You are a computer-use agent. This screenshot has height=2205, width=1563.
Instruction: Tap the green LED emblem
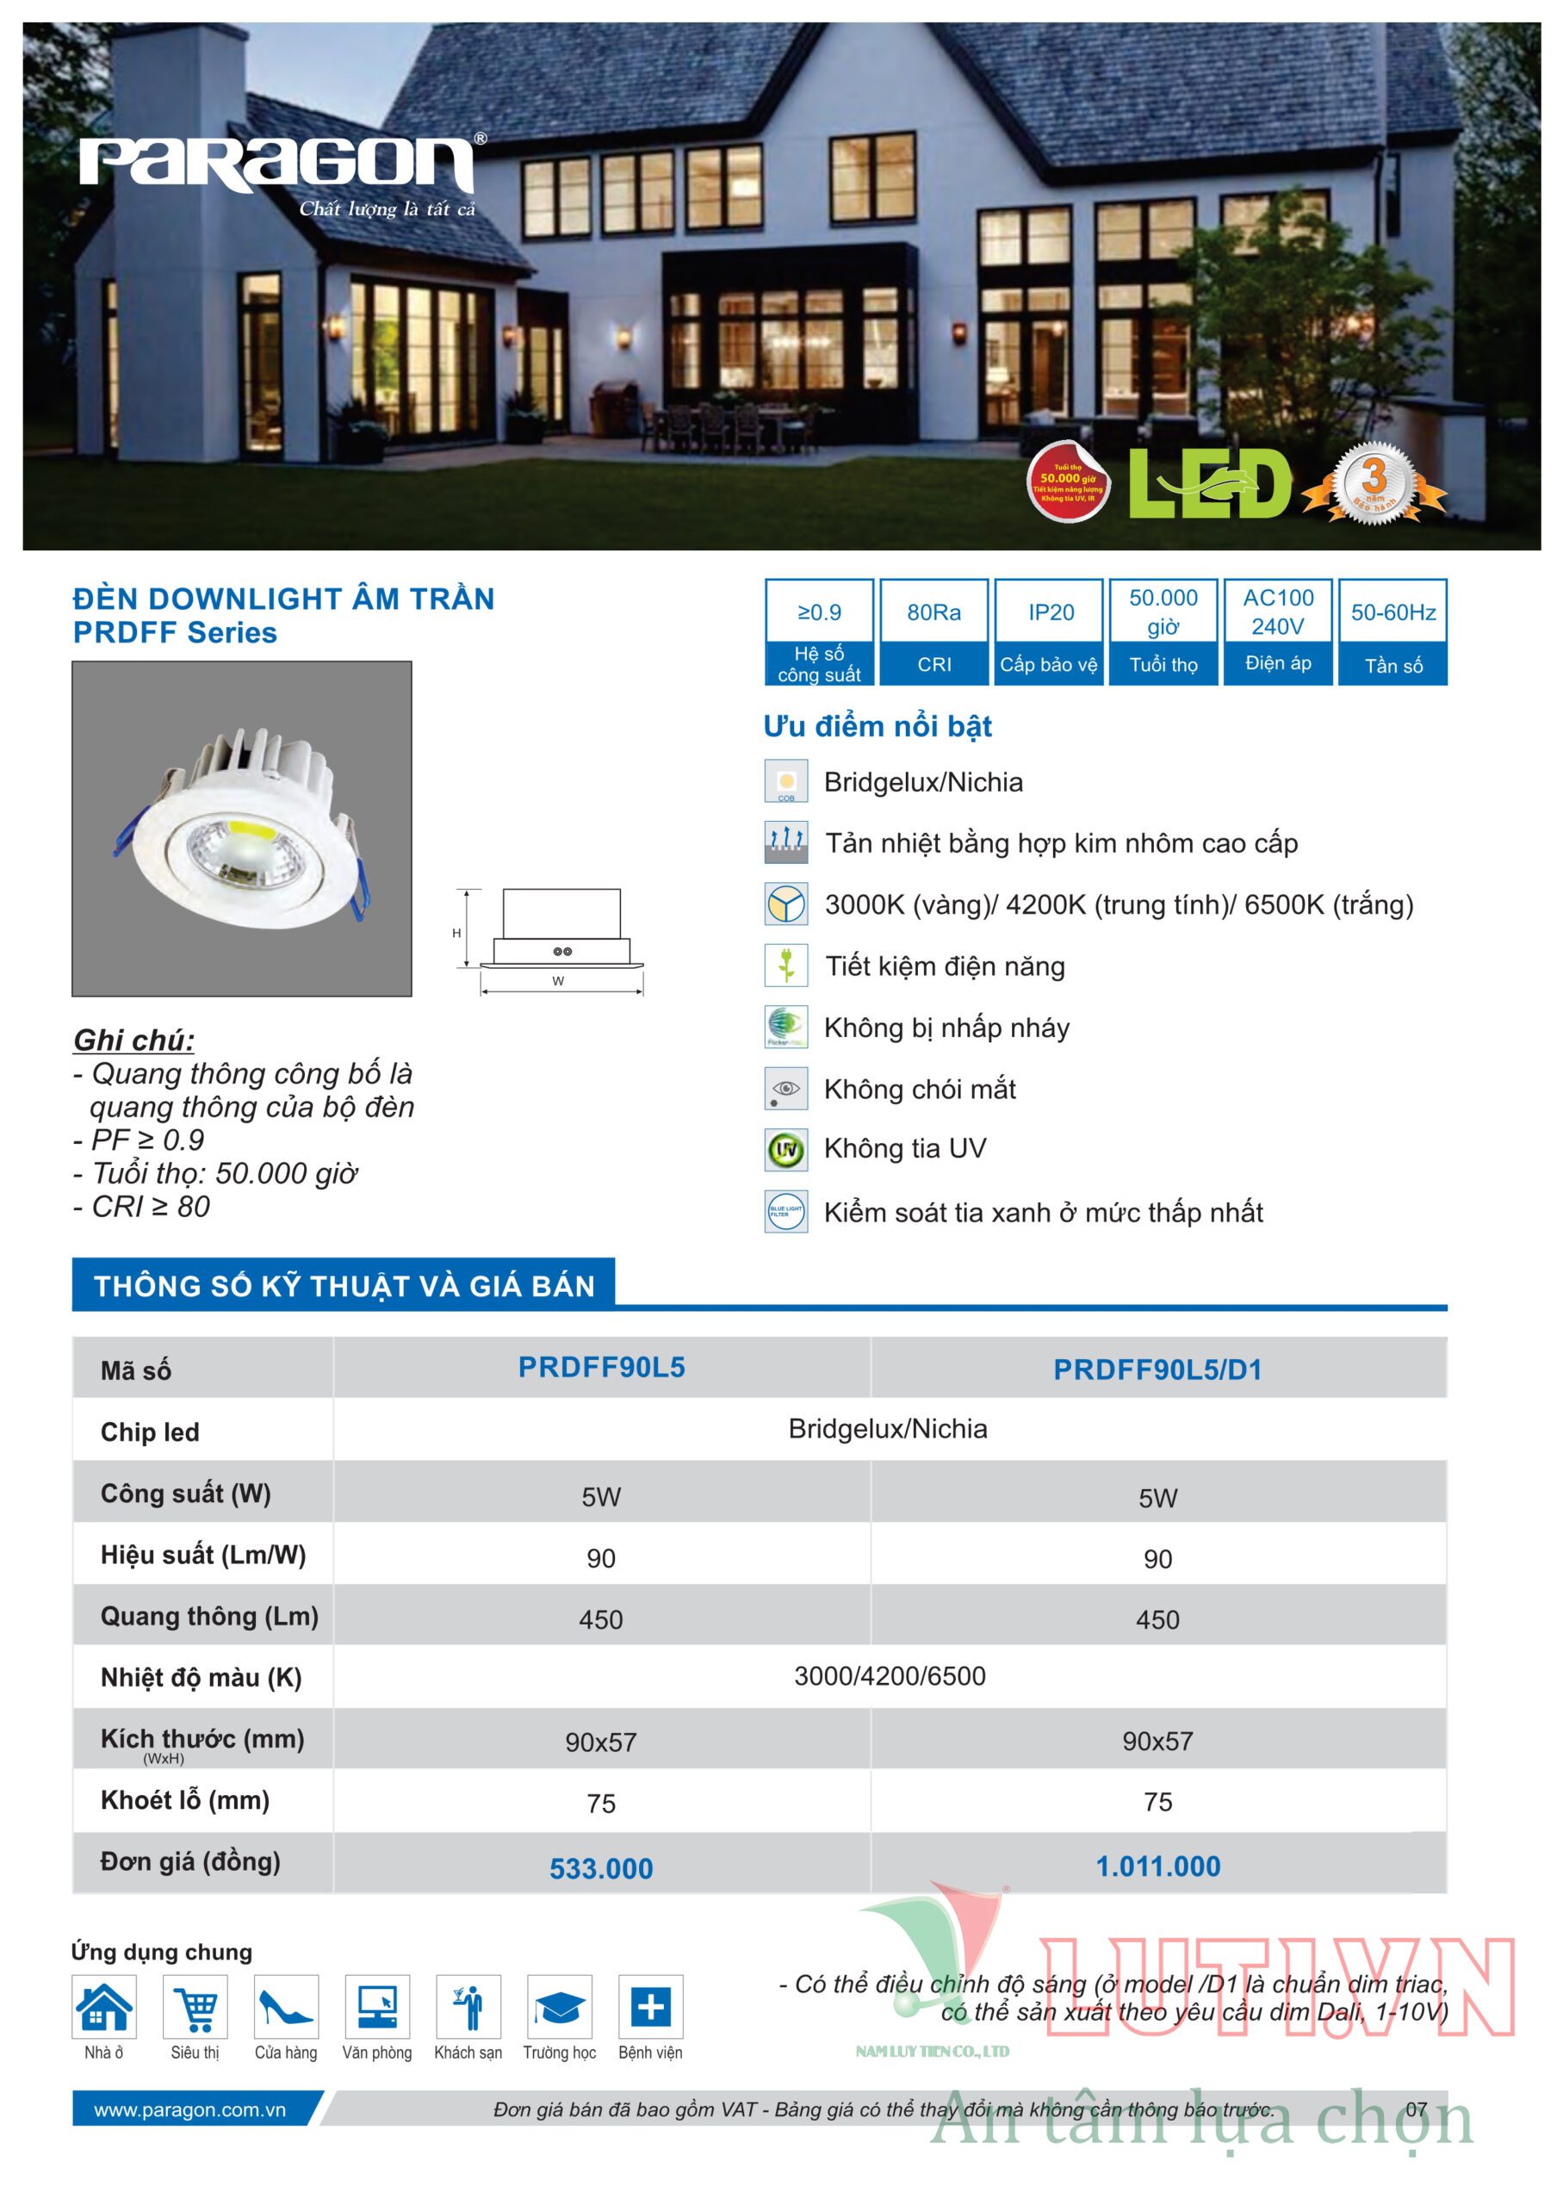(1209, 484)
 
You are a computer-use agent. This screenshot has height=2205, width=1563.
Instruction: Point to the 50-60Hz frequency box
(1392, 631)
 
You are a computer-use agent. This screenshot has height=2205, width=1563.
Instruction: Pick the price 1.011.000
(1157, 1866)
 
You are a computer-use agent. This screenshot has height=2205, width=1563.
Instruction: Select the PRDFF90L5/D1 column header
(1157, 1370)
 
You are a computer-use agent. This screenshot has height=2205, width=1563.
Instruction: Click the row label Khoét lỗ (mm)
(185, 1800)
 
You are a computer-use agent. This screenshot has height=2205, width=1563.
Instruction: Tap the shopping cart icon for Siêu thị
(195, 2007)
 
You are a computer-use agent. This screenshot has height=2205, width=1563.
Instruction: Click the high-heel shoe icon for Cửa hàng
(286, 2007)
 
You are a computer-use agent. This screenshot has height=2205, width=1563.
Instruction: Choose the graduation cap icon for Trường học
(559, 2007)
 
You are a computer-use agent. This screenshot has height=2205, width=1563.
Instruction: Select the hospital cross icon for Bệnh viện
(651, 2007)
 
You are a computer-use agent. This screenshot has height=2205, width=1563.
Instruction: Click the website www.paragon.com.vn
(189, 2109)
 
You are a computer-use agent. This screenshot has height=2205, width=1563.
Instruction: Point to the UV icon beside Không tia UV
(786, 1149)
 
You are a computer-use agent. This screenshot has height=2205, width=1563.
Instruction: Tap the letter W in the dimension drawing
(558, 981)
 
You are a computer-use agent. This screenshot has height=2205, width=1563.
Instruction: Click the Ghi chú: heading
(133, 1040)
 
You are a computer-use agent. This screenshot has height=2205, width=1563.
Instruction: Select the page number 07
(1416, 2109)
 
